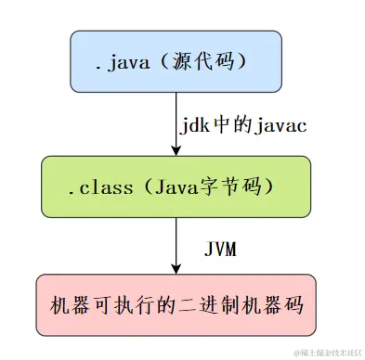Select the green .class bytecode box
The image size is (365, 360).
pos(175,186)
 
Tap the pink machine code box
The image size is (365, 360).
pos(175,304)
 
